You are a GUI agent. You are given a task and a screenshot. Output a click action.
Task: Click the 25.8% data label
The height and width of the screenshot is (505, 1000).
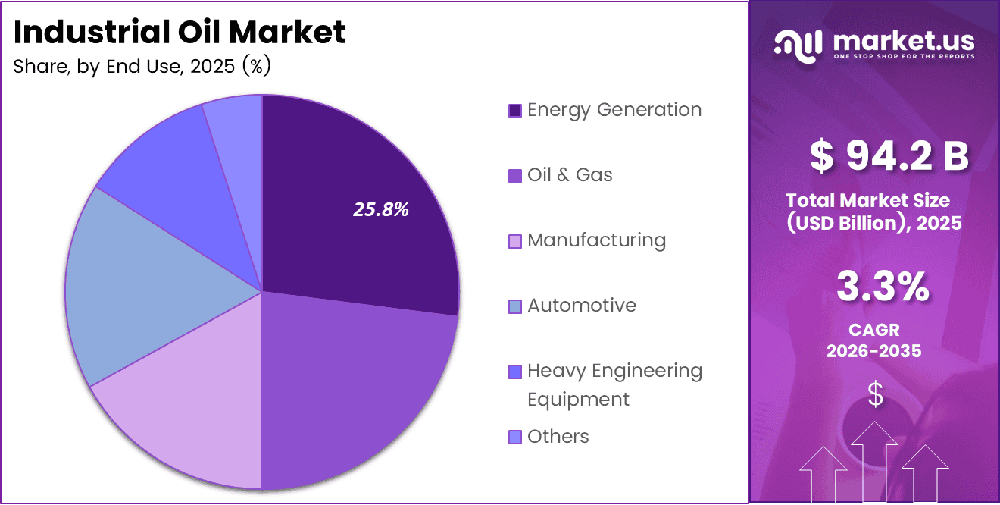(x=381, y=210)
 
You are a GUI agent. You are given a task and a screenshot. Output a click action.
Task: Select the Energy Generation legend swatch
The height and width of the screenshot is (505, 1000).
(x=515, y=111)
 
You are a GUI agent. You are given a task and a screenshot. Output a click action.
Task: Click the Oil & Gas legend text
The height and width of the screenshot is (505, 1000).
(x=570, y=175)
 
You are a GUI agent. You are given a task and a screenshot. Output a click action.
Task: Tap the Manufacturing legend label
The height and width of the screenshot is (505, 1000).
(x=596, y=240)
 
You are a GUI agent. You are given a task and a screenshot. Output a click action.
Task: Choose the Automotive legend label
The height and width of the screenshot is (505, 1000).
(x=582, y=306)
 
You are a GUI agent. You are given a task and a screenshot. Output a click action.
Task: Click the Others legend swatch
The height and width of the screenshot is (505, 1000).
(x=515, y=437)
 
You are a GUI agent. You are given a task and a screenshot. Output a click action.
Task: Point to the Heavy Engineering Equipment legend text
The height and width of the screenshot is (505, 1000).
(x=614, y=384)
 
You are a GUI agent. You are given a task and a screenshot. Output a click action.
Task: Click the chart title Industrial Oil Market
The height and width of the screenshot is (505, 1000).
(x=180, y=33)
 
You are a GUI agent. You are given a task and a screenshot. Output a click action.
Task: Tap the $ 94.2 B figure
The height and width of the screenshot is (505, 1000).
(x=889, y=157)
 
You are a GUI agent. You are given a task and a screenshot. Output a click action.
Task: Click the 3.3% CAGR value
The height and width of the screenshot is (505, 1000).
(x=883, y=288)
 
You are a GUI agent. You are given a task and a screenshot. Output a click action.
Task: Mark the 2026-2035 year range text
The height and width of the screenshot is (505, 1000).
(x=873, y=351)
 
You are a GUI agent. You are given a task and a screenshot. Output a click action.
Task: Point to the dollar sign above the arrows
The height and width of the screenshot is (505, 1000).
(x=875, y=394)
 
